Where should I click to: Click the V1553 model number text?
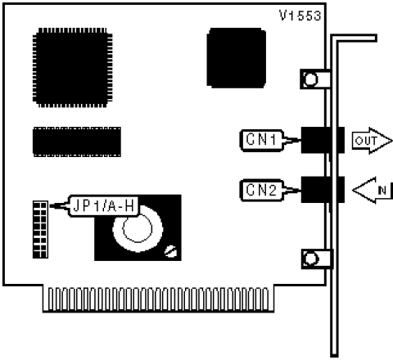coord(300,16)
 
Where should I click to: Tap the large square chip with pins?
coord(73,68)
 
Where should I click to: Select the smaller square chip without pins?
coord(237,58)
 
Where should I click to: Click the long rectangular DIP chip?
coord(77,142)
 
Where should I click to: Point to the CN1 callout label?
coord(261,140)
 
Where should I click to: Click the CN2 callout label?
coord(261,190)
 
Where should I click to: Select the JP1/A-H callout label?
coord(104,206)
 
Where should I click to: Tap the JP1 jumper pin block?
coord(40,230)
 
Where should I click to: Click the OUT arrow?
coord(373,141)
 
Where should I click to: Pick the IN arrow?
coord(373,190)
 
